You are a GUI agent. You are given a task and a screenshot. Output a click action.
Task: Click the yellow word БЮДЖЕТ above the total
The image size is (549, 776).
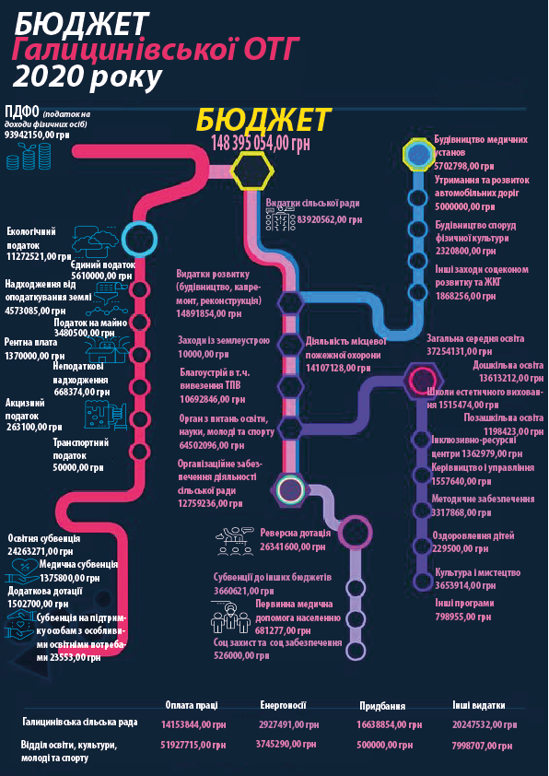pos(263,119)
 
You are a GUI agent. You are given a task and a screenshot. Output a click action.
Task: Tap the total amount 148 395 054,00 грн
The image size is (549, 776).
pos(261,143)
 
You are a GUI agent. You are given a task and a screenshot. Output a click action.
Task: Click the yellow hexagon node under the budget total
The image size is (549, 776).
pos(252,170)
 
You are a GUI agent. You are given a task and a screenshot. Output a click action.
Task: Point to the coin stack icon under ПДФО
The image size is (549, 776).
pos(29,156)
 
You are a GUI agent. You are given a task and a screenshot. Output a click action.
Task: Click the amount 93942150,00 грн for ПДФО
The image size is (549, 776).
pos(37,135)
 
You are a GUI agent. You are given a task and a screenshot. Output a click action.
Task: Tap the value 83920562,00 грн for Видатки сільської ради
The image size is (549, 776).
pos(329,218)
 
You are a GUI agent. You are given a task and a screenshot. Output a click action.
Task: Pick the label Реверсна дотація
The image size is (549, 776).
pos(295,534)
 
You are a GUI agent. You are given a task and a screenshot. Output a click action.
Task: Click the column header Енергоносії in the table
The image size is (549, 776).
pos(283,705)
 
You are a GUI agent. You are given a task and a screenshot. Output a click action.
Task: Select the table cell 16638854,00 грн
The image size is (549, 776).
pos(390,724)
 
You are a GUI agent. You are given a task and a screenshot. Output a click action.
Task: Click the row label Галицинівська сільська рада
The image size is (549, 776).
pos(80,723)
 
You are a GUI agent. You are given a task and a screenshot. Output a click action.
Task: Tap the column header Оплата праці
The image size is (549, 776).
pos(191,705)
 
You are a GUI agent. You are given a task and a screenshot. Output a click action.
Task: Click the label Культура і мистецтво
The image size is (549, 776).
pos(478,572)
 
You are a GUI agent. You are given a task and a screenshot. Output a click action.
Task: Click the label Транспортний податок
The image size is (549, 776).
pos(81,449)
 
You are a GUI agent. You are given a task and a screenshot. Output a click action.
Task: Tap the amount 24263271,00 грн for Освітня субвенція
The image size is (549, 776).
pos(41,550)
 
